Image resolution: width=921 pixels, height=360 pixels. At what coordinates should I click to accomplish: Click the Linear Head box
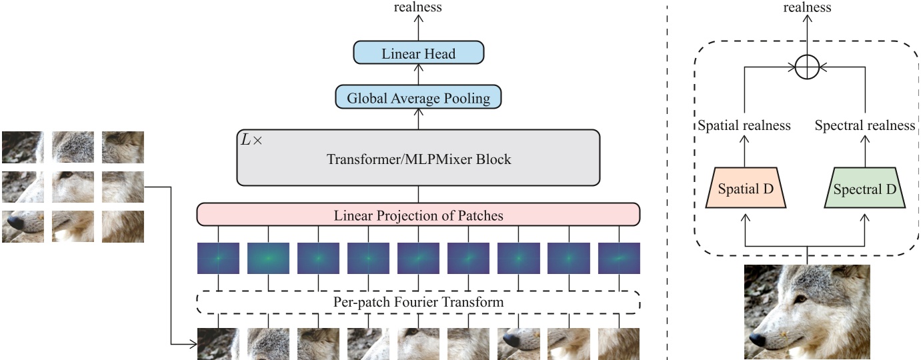point(418,53)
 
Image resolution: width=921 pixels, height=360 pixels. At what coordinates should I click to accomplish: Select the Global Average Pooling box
point(418,99)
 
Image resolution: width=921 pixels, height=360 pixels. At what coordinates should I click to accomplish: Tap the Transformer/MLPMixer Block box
point(418,157)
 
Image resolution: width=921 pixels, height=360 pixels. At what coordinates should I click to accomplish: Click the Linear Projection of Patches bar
point(418,215)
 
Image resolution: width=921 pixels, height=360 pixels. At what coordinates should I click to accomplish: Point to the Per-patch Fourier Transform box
point(418,302)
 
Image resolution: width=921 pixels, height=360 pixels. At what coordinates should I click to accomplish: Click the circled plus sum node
point(807,67)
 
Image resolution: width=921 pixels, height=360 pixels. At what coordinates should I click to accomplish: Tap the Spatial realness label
point(744,125)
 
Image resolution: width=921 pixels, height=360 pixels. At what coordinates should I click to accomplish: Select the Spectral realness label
point(865,125)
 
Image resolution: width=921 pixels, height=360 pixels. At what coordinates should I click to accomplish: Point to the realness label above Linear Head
point(418,7)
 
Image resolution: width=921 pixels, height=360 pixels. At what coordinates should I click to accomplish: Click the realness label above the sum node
point(807,7)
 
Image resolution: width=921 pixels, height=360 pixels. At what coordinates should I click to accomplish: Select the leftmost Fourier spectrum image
point(218,259)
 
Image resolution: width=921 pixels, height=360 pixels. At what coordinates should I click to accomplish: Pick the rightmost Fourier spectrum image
point(619,259)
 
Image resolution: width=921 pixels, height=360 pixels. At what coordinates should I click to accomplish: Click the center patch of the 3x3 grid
point(73,187)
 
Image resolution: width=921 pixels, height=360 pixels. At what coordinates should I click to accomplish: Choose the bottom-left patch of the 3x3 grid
point(23,227)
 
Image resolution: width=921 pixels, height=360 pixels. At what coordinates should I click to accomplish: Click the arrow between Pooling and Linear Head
point(418,76)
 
